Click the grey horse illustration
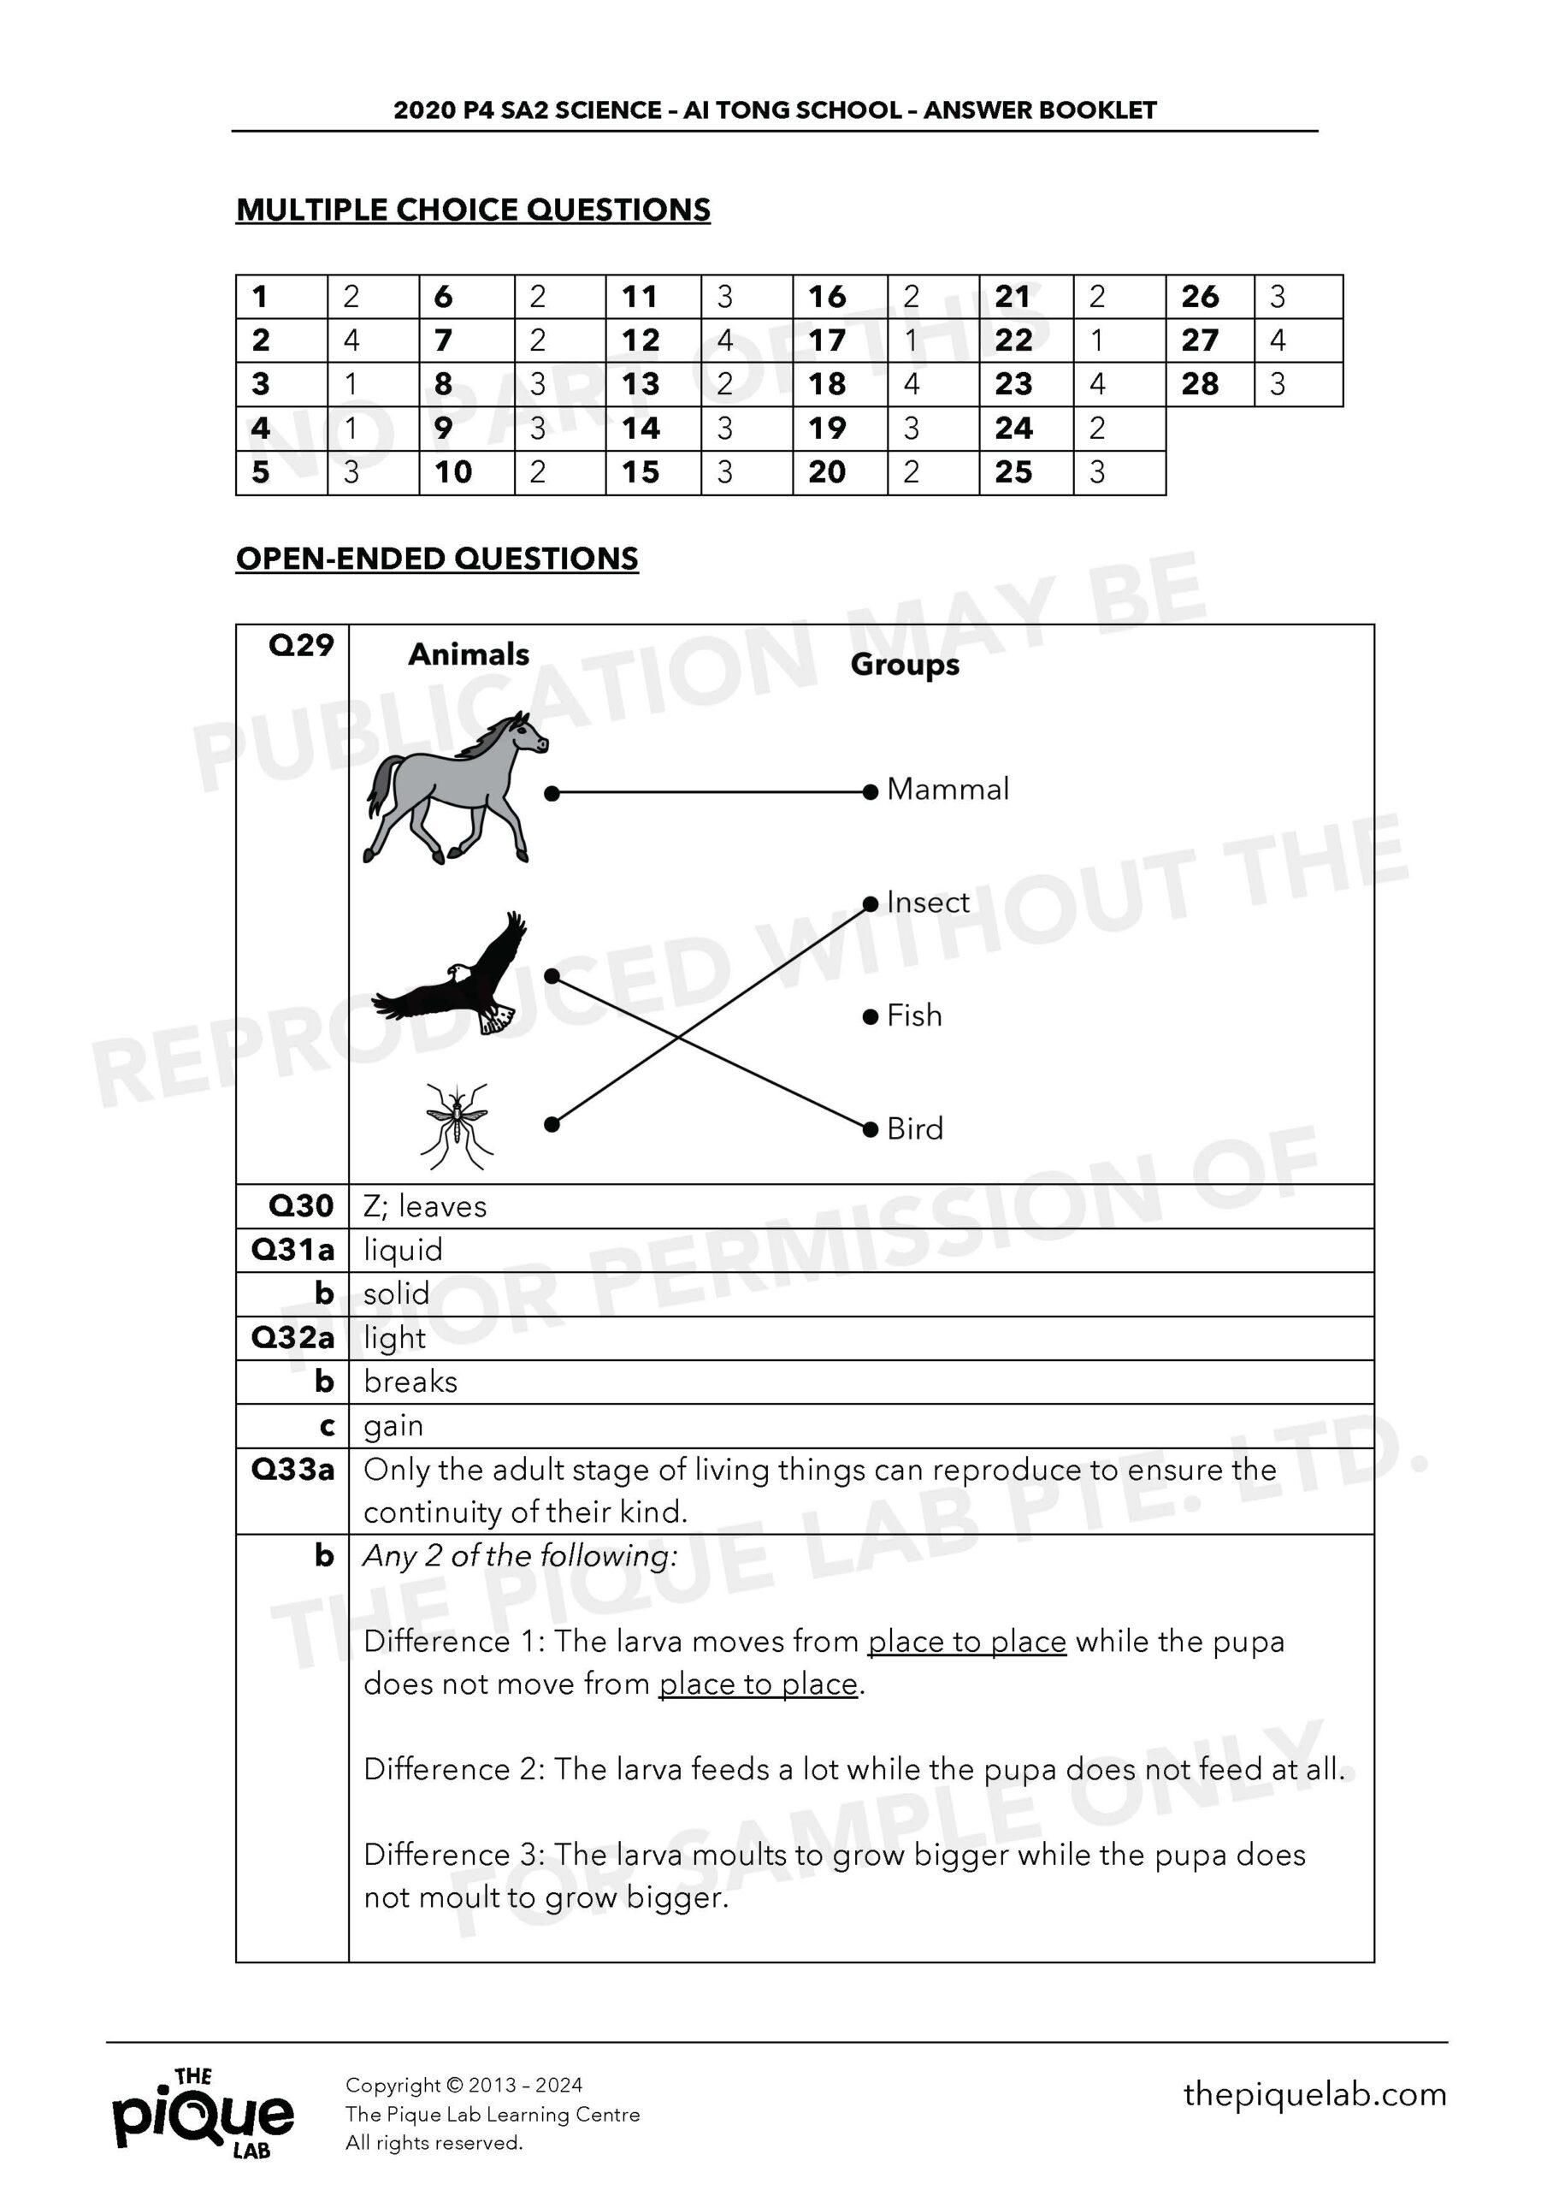pyautogui.click(x=455, y=789)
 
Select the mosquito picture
pyautogui.click(x=456, y=1126)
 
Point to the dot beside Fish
pyautogui.click(x=870, y=1017)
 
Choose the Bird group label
pyautogui.click(x=915, y=1129)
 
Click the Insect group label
pyautogui.click(x=927, y=903)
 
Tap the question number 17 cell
pyautogui.click(x=827, y=340)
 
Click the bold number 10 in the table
pyautogui.click(x=453, y=472)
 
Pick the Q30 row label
pyautogui.click(x=300, y=1206)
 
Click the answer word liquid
pyautogui.click(x=403, y=1251)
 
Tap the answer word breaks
pyautogui.click(x=410, y=1382)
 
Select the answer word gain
pyautogui.click(x=393, y=1426)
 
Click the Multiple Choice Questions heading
pyautogui.click(x=473, y=210)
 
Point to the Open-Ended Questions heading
pyautogui.click(x=437, y=559)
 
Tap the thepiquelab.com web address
pyautogui.click(x=1314, y=2095)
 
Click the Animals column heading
pyautogui.click(x=469, y=654)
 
